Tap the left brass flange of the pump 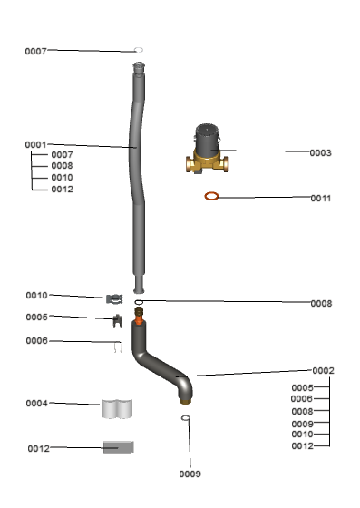189,164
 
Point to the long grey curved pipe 137,178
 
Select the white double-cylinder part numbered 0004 117,409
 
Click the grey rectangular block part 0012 119,447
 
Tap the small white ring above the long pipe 139,50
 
